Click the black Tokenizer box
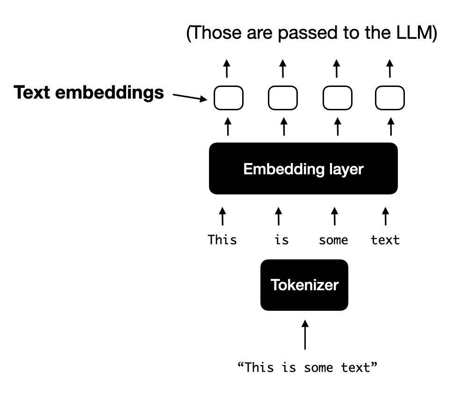[304, 285]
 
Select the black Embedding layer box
[303, 169]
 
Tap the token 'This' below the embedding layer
[222, 240]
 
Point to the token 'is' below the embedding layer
[281, 240]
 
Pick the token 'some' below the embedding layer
[333, 240]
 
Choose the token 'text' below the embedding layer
[385, 240]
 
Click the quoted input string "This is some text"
[307, 367]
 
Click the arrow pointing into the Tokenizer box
[305, 335]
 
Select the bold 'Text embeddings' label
[89, 93]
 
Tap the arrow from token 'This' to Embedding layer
[223, 216]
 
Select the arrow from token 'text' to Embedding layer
[385, 216]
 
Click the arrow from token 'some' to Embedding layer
[334, 216]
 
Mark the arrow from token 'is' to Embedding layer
[278, 216]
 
